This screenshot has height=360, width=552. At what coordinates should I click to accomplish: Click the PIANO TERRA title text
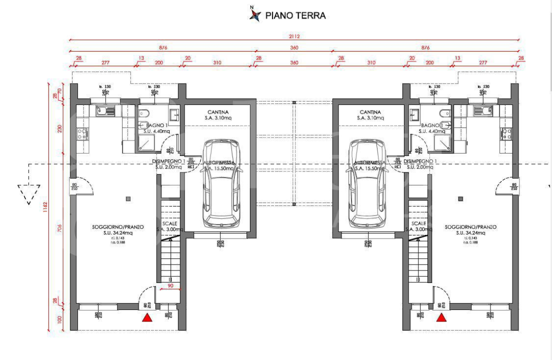click(x=295, y=15)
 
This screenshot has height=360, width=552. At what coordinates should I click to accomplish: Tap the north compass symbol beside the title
click(x=255, y=15)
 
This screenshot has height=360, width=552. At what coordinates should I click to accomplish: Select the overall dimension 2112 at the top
click(x=294, y=36)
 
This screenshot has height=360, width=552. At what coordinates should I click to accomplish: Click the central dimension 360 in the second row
click(x=294, y=48)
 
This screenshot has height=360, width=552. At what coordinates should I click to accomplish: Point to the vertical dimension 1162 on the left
click(x=45, y=206)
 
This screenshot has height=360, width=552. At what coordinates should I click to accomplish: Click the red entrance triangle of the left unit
click(x=147, y=317)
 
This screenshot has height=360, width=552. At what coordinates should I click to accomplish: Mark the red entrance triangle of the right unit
click(x=441, y=317)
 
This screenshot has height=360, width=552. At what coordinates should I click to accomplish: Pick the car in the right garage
click(x=368, y=182)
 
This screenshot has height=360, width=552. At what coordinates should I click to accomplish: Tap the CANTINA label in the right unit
click(x=370, y=112)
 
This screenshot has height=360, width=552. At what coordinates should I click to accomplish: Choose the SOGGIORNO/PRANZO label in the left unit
click(x=118, y=227)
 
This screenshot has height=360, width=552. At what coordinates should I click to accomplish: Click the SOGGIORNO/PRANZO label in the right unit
click(x=470, y=227)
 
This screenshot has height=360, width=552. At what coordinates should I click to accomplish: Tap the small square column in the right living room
click(x=460, y=198)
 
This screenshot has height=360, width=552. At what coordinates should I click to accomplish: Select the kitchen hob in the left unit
click(x=81, y=133)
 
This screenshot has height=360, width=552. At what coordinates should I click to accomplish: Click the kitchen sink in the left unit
click(x=105, y=110)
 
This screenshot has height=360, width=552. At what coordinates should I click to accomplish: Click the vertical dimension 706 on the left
click(x=59, y=228)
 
